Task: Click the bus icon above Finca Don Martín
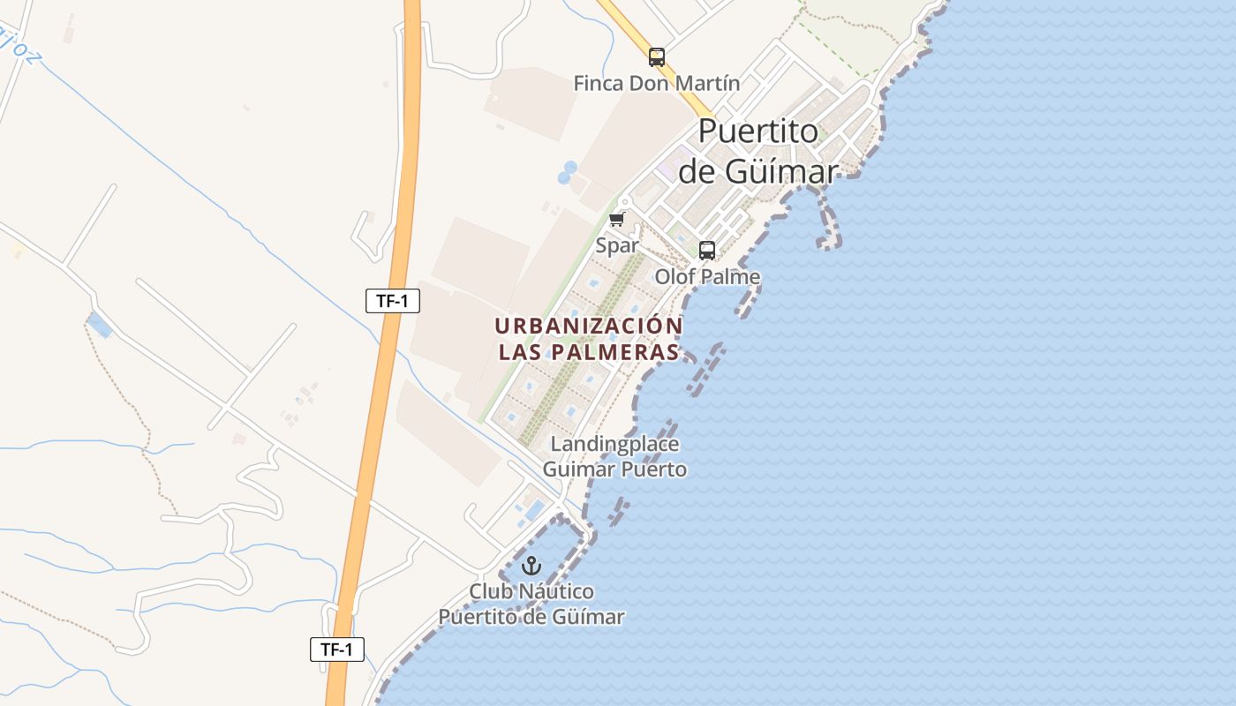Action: tap(656, 57)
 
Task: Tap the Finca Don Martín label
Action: tap(656, 84)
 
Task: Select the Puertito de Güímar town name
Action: tap(758, 150)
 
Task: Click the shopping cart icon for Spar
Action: tap(617, 219)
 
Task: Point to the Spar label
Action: tap(617, 245)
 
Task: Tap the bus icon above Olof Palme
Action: tap(707, 250)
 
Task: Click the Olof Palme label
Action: tap(707, 276)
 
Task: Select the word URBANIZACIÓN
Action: tap(589, 326)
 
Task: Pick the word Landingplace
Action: tap(614, 443)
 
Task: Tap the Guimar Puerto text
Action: tap(614, 469)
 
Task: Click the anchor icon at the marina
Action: tap(531, 566)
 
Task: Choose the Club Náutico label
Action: tap(531, 591)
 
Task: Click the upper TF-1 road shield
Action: tap(393, 301)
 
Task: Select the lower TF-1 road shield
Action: tap(337, 650)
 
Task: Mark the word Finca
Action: tap(599, 84)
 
